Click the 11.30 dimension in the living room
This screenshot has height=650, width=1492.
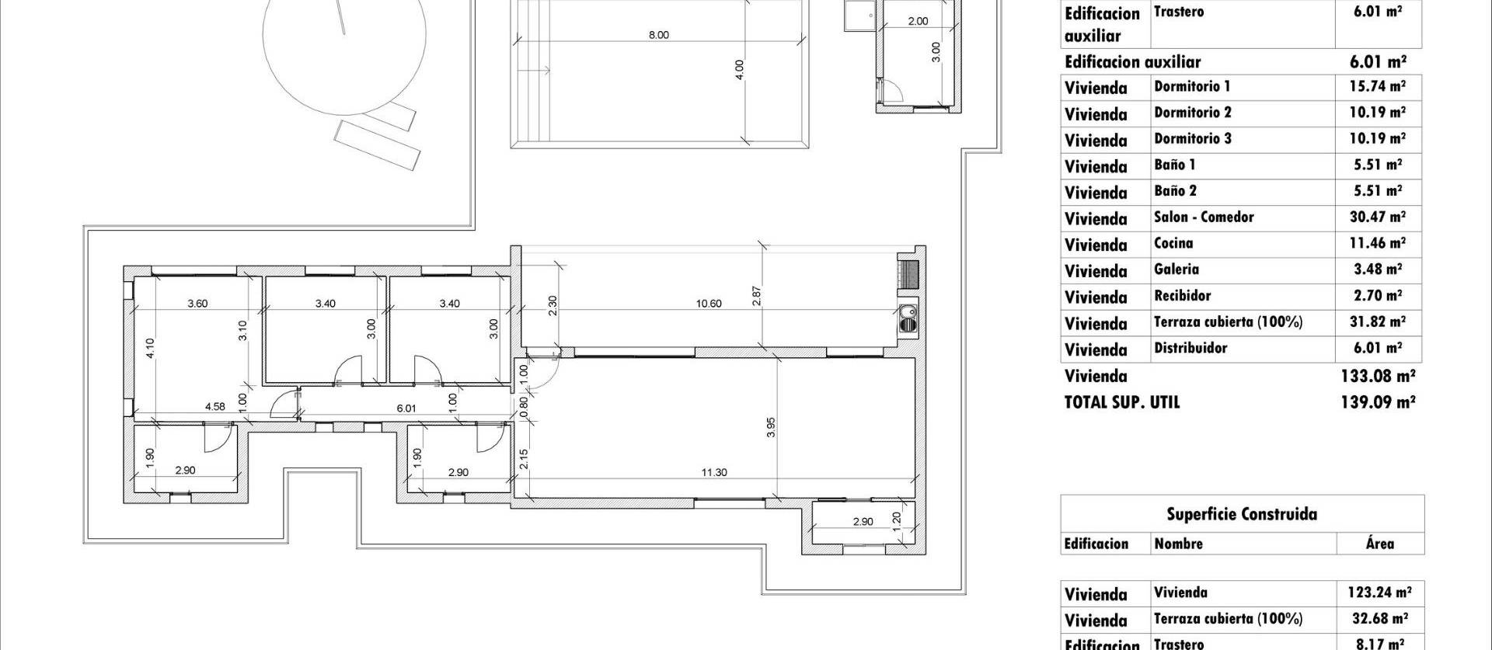(x=714, y=472)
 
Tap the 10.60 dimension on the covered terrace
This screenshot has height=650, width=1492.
(x=708, y=304)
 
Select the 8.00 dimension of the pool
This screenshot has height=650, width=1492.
(x=658, y=35)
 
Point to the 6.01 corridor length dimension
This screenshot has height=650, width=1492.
(x=406, y=408)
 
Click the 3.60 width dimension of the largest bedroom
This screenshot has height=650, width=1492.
(x=197, y=304)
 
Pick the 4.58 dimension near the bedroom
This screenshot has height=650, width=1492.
(x=214, y=406)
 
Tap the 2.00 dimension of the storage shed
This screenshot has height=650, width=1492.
(x=918, y=21)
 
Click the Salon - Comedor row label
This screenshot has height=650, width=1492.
(x=1203, y=217)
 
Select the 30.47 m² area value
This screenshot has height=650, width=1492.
(x=1376, y=217)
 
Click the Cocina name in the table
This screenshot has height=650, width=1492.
(x=1173, y=243)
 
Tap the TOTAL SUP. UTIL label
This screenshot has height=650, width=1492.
(x=1121, y=402)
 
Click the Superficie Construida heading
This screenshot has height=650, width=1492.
(x=1241, y=514)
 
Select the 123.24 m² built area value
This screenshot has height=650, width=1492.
(x=1379, y=593)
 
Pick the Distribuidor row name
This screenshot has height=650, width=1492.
(x=1190, y=348)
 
